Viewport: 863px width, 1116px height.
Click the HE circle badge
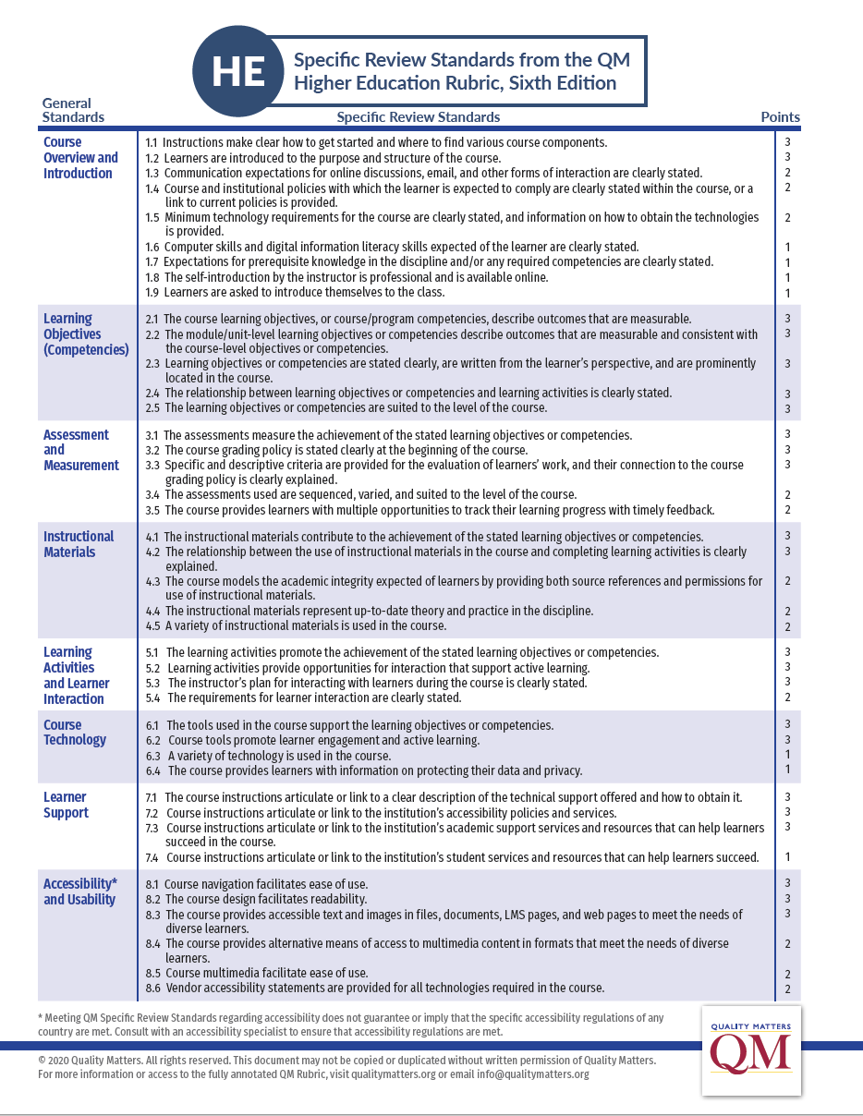coord(237,72)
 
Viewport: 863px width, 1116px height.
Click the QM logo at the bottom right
coord(751,1050)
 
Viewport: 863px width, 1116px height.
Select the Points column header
coord(780,117)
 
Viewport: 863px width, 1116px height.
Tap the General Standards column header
coord(73,110)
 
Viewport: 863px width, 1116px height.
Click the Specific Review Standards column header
coord(418,117)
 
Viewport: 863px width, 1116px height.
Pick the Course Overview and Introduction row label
coord(80,157)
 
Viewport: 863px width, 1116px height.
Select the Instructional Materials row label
coord(79,544)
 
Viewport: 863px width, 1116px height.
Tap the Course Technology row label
coord(75,732)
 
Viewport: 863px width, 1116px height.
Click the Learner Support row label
coord(66,805)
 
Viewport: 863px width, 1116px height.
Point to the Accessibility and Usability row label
coord(80,892)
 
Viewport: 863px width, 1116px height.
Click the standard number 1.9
coord(152,293)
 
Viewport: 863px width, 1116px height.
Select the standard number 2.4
coord(153,393)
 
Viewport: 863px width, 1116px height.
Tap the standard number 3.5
coord(153,510)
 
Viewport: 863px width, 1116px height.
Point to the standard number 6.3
coord(153,756)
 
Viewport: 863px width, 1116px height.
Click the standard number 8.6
coord(153,988)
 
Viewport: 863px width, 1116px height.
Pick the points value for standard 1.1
coord(787,142)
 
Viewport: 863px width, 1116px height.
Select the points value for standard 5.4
coord(787,697)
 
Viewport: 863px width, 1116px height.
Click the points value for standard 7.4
coord(787,857)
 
